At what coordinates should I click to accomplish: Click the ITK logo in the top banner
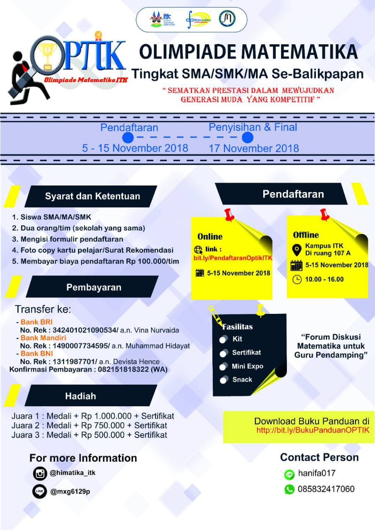(162, 19)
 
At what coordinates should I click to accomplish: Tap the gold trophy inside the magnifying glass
(48, 53)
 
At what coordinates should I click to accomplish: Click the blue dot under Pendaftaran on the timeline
(128, 137)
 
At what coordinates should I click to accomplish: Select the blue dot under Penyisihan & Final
(248, 137)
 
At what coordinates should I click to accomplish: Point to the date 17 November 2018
(254, 148)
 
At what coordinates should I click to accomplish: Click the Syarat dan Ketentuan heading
(92, 196)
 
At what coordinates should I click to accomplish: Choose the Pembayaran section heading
(94, 287)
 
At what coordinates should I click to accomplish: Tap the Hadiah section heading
(80, 396)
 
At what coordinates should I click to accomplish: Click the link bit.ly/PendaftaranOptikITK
(233, 258)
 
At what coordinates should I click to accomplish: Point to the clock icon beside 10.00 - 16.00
(297, 279)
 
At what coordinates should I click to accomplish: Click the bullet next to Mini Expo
(224, 366)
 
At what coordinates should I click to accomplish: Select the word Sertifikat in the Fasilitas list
(246, 352)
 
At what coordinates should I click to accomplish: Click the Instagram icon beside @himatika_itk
(40, 473)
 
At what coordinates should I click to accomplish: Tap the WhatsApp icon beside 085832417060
(289, 489)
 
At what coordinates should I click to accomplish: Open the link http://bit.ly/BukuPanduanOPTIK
(312, 430)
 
